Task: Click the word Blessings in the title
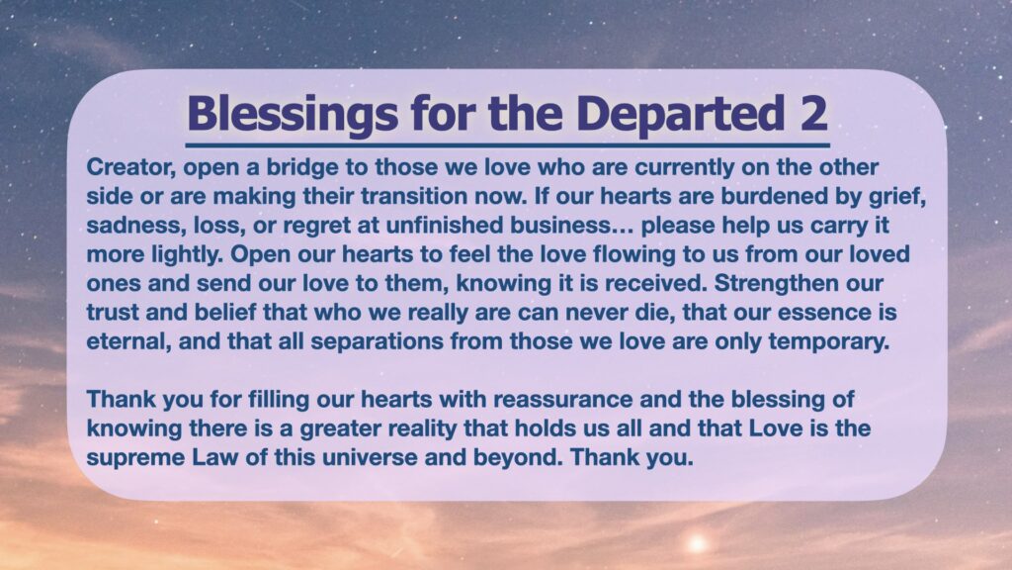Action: (x=292, y=114)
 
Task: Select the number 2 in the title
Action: (x=813, y=113)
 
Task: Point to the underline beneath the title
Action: (x=507, y=145)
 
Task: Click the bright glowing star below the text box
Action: (x=697, y=543)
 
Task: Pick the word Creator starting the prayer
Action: (x=131, y=167)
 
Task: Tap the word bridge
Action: (x=302, y=167)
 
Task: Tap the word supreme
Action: (x=135, y=458)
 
